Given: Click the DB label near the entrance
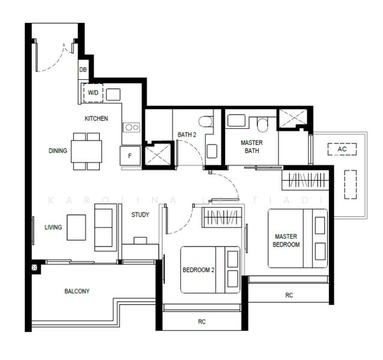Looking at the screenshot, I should pyautogui.click(x=83, y=70).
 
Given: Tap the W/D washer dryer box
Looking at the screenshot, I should pyautogui.click(x=93, y=93).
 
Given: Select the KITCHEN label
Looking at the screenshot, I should pyautogui.click(x=96, y=119).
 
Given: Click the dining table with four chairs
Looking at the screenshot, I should pyautogui.click(x=86, y=151).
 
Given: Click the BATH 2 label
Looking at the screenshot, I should pyautogui.click(x=187, y=135).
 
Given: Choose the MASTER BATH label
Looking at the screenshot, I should pyautogui.click(x=252, y=147).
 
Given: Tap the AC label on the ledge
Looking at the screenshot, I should pyautogui.click(x=342, y=149).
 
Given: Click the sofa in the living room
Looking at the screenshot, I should pyautogui.click(x=105, y=227).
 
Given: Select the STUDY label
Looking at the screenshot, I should pyautogui.click(x=140, y=215).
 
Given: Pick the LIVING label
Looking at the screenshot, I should pyautogui.click(x=53, y=227).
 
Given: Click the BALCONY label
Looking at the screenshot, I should pyautogui.click(x=77, y=292).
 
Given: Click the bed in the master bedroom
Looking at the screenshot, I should pyautogui.click(x=298, y=238).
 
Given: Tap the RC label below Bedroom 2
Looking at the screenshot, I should pyautogui.click(x=202, y=322).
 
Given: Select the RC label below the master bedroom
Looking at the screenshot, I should pyautogui.click(x=289, y=295).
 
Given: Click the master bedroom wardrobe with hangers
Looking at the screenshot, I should pyautogui.click(x=306, y=180).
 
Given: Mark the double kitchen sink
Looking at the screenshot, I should pyautogui.click(x=131, y=127).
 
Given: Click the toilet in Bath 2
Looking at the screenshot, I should pyautogui.click(x=205, y=122).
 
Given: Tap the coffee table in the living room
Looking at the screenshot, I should pyautogui.click(x=76, y=227).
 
